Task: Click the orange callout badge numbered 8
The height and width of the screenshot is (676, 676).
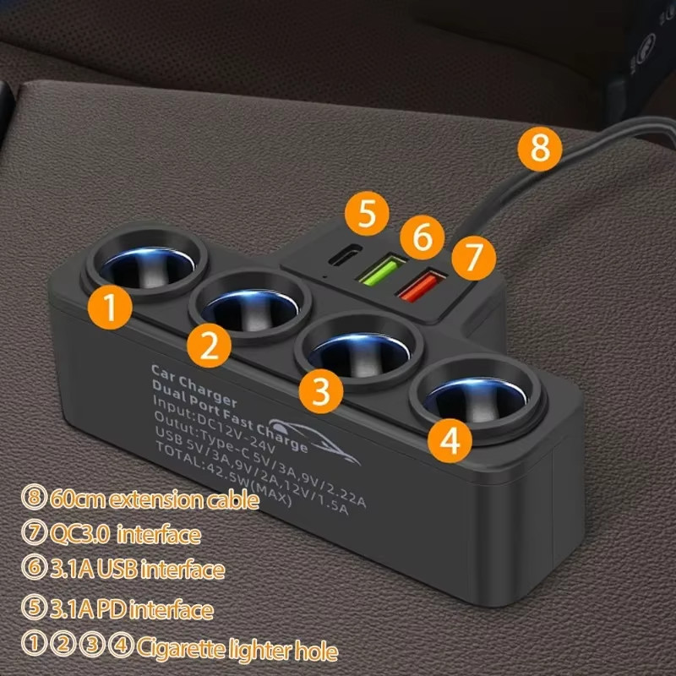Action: (x=540, y=149)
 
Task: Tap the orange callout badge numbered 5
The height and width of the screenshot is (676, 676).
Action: (x=367, y=214)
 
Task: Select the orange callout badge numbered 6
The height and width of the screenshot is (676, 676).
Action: (x=422, y=237)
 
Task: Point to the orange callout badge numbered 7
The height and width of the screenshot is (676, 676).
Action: (x=473, y=258)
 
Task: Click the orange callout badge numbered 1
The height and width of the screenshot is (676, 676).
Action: (x=110, y=308)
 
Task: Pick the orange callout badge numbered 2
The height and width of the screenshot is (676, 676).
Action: (x=209, y=346)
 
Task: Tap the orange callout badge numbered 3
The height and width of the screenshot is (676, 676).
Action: (x=321, y=391)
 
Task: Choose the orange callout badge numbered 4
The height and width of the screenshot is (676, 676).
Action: (x=450, y=440)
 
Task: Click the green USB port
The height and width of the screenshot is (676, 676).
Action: (x=382, y=270)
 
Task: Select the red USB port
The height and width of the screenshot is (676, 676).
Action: (x=421, y=285)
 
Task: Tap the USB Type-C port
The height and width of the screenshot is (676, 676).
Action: (x=345, y=254)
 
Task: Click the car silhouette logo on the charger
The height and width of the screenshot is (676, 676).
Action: (x=314, y=439)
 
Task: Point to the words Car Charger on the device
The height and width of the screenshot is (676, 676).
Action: (x=194, y=385)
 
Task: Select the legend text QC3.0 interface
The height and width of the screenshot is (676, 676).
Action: (x=125, y=535)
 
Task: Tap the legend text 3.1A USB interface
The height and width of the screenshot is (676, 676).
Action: (x=138, y=569)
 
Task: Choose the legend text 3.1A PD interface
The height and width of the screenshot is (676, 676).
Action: (x=132, y=609)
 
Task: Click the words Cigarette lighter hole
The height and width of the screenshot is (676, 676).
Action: (x=237, y=649)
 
